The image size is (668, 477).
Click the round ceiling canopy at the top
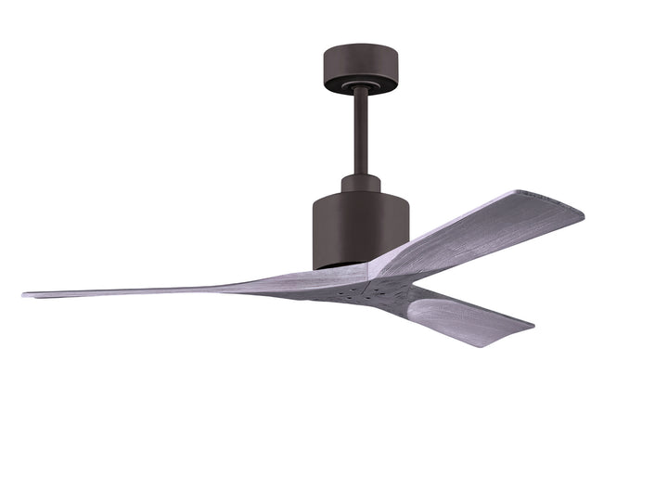pos(359,68)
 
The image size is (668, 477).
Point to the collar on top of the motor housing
pos(360,182)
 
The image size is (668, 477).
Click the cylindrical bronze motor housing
pos(360,227)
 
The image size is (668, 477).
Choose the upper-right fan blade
pos(482,232)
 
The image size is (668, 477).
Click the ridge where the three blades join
pos(376,274)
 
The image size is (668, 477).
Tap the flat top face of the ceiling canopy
pos(359,48)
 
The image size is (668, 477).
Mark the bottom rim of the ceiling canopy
pos(359,86)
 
